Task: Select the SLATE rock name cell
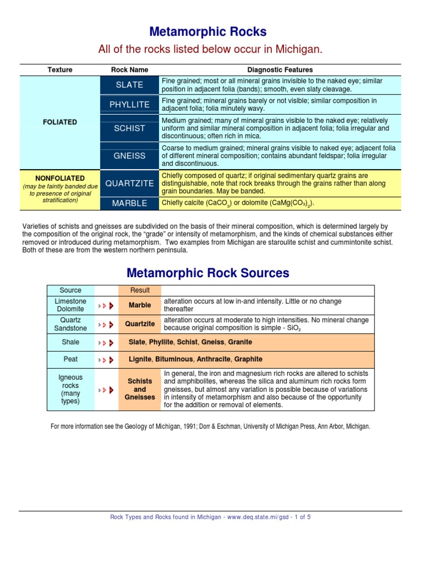tap(129, 85)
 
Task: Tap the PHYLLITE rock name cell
tap(129, 104)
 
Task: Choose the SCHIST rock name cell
tap(129, 128)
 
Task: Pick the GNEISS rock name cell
tap(129, 156)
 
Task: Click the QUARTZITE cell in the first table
tap(129, 183)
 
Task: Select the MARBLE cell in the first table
tap(129, 203)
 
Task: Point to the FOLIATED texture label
tap(60, 122)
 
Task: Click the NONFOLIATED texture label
tap(60, 178)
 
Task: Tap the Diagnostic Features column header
tap(280, 70)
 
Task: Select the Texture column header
tap(60, 70)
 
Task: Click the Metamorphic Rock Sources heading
tap(208, 273)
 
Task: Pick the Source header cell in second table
tap(70, 290)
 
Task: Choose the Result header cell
tap(140, 290)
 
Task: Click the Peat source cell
tap(70, 359)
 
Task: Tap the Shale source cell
tap(70, 342)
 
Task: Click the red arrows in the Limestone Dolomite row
tap(106, 305)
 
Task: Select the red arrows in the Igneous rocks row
tap(106, 390)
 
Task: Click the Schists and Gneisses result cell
tap(140, 389)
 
